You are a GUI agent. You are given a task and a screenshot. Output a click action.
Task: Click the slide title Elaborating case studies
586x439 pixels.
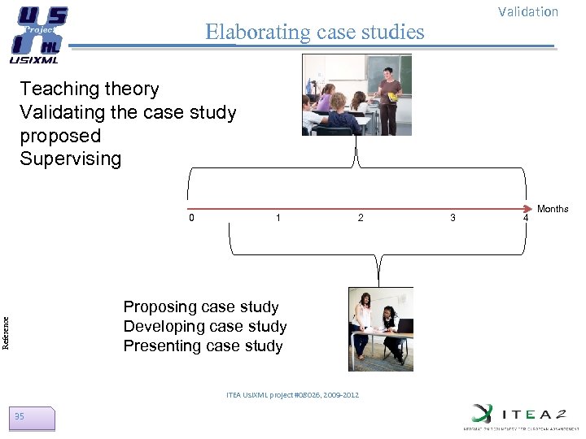(x=314, y=32)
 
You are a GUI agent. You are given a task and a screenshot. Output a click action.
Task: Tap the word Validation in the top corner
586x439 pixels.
(x=527, y=11)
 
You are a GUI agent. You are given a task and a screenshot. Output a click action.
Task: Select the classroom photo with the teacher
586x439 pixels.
(x=356, y=94)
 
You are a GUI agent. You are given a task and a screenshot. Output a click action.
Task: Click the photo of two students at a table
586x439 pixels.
(x=380, y=328)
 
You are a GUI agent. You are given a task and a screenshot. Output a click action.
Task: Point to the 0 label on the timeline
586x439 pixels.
(x=191, y=217)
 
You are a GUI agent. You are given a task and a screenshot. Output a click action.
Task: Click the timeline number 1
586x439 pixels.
(x=278, y=217)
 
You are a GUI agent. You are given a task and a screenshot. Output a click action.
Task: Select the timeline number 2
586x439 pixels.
(x=361, y=217)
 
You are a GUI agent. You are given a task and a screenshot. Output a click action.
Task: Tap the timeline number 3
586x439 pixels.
(x=453, y=217)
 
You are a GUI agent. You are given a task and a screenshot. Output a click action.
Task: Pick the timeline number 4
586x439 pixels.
(x=525, y=217)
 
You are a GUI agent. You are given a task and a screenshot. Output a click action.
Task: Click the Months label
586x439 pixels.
(x=553, y=209)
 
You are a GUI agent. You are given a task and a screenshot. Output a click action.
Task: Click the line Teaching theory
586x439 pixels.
(x=90, y=89)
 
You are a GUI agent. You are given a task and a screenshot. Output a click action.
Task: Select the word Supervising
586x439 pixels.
(x=70, y=159)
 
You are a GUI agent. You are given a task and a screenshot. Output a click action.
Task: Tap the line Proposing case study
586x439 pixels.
(x=201, y=306)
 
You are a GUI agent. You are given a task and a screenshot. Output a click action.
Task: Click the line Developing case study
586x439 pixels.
(x=205, y=326)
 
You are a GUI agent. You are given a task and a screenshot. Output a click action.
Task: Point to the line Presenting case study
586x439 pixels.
(x=203, y=346)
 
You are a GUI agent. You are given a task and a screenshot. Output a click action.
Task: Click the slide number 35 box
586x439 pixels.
(x=33, y=418)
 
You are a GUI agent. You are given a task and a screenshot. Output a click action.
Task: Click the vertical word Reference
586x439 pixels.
(x=6, y=332)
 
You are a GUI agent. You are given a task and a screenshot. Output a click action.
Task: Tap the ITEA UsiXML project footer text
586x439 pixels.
(x=292, y=395)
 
